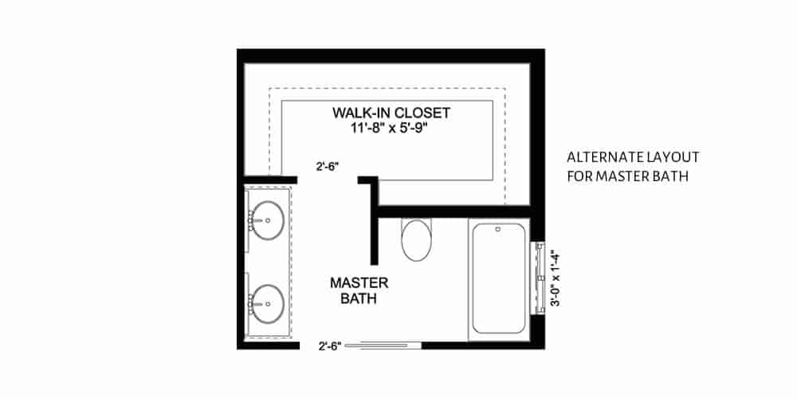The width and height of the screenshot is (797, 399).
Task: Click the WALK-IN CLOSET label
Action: click(391, 113)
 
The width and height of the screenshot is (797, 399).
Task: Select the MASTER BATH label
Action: click(359, 290)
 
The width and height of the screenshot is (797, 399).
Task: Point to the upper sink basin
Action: click(267, 220)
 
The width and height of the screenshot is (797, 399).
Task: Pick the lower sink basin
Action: click(267, 304)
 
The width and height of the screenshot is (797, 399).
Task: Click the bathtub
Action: click(498, 278)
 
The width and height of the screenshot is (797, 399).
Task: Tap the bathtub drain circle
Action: click(498, 230)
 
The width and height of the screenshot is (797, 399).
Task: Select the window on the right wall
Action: click(539, 279)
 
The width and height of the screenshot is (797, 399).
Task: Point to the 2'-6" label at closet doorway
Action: click(328, 166)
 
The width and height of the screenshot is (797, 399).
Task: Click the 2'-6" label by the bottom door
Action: click(329, 346)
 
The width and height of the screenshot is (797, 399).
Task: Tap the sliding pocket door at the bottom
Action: click(383, 346)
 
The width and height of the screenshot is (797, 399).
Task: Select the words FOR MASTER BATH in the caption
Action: click(628, 176)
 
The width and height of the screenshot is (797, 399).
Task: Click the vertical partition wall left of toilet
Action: click(374, 220)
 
